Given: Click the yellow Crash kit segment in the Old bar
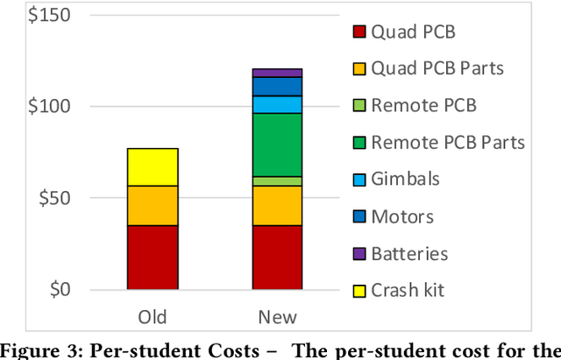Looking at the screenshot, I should (x=153, y=166).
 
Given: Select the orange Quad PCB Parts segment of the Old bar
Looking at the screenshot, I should (x=153, y=205).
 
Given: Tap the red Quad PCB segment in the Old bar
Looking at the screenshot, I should (x=153, y=257).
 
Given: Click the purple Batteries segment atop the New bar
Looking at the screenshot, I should (x=277, y=73).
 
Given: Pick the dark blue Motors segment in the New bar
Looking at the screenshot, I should (x=277, y=86).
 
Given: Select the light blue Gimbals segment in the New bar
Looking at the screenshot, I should (x=277, y=104).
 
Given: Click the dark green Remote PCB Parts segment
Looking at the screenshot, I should (x=277, y=145).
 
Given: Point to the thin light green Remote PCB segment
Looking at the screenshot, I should (x=277, y=180).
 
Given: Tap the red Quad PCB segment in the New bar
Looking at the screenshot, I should (x=277, y=257).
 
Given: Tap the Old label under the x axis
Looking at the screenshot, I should (x=153, y=316).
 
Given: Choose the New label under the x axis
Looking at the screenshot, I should (x=277, y=316).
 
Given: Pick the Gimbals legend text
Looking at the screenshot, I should (x=405, y=180).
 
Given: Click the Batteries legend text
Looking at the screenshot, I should (x=409, y=253).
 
